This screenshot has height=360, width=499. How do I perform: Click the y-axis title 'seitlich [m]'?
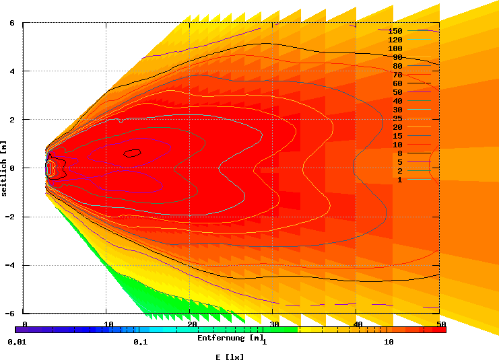[x=4, y=168]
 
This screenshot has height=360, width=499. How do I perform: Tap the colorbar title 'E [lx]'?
[x=230, y=357]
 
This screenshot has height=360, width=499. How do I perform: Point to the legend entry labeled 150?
[x=395, y=32]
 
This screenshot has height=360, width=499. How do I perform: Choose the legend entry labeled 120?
[x=395, y=40]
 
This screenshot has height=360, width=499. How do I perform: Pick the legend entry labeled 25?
[x=397, y=118]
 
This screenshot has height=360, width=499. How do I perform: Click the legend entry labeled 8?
[x=399, y=153]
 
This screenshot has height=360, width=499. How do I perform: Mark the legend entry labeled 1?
[x=399, y=180]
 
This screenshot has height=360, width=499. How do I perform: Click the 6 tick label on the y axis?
[x=12, y=23]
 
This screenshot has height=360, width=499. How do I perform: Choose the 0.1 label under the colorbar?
[x=140, y=342]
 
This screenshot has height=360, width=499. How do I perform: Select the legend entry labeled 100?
[x=395, y=49]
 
